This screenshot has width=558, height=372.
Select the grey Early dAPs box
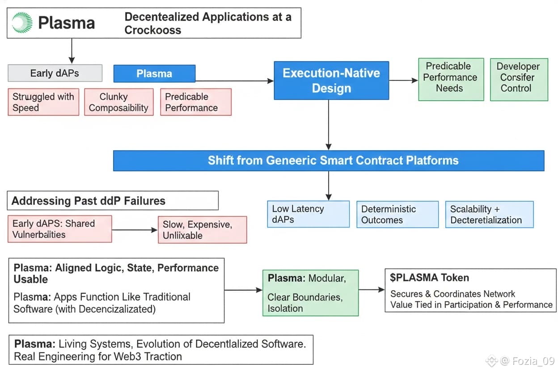[x=55, y=73]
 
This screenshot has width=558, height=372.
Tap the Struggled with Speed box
[x=43, y=102]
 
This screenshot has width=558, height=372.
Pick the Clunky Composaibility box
[x=118, y=102]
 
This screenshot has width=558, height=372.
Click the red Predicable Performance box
[x=196, y=102]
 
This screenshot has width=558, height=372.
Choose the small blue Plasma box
[x=154, y=74]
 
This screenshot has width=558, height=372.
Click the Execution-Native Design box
[x=331, y=80]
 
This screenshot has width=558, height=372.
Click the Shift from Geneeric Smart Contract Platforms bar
[x=329, y=161]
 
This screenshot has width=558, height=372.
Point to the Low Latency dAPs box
[x=308, y=214]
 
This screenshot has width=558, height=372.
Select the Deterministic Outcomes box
[x=397, y=214]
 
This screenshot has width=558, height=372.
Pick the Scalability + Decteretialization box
[x=489, y=214]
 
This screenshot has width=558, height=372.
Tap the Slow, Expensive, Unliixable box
[x=202, y=230]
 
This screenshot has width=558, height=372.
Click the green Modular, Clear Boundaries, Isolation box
[x=310, y=293]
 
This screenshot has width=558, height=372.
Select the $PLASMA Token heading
[x=430, y=278]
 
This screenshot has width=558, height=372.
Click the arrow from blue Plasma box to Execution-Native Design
[x=234, y=81]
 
